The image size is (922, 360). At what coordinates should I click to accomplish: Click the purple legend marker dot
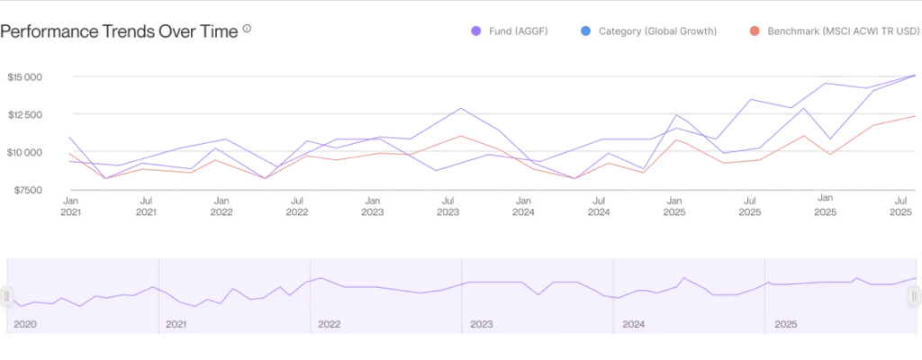475,33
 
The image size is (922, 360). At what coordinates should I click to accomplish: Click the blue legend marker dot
586,33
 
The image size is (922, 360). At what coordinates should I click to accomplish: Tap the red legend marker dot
753,33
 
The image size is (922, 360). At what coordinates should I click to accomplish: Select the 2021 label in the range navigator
177,323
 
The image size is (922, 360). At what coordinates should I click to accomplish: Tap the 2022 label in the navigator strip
330,323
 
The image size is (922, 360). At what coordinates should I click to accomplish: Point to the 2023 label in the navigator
482,323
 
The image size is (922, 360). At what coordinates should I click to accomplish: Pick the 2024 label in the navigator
634,323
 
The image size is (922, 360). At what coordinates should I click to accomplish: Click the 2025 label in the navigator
786,323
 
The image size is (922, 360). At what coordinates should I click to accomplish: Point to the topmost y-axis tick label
25,80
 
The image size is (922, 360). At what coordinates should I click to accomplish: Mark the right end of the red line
915,117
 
